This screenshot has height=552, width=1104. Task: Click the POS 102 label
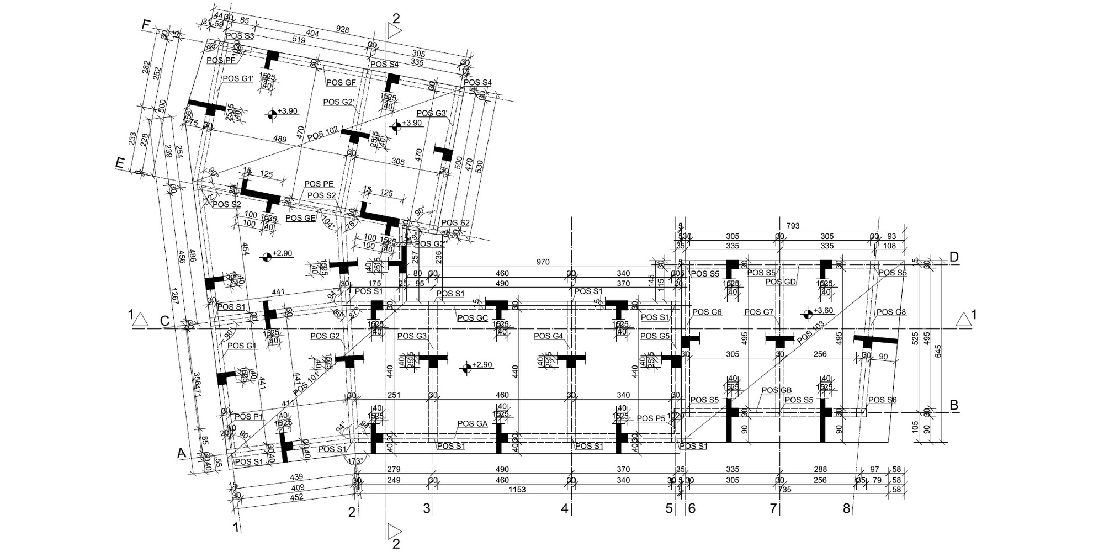pos(324,134)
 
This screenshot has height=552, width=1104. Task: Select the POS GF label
pos(341,83)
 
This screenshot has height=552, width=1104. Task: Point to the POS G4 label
pos(549,336)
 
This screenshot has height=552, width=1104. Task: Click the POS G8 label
pos(891,312)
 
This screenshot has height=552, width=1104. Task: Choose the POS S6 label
pos(882,400)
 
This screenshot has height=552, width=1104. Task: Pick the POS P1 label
pos(249,417)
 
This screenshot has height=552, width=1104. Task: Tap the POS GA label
pos(472,424)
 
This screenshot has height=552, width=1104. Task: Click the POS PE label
pos(319,184)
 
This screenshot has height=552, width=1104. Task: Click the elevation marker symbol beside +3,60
pos(808,315)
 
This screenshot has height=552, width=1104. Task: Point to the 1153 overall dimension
pos(517,490)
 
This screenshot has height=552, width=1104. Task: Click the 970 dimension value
pos(543,262)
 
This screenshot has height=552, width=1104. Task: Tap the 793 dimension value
pos(793,226)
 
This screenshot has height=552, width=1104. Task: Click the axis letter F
pos(146,25)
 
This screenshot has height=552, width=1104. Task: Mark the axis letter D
pos(954,257)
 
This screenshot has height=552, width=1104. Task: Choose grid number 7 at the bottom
pos(773,508)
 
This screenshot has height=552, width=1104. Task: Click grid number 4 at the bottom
pos(564,508)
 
